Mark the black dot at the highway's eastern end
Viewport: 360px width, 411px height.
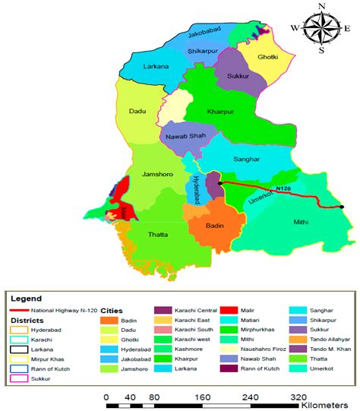(x=342, y=207)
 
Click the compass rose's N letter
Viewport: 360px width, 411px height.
(x=321, y=7)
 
